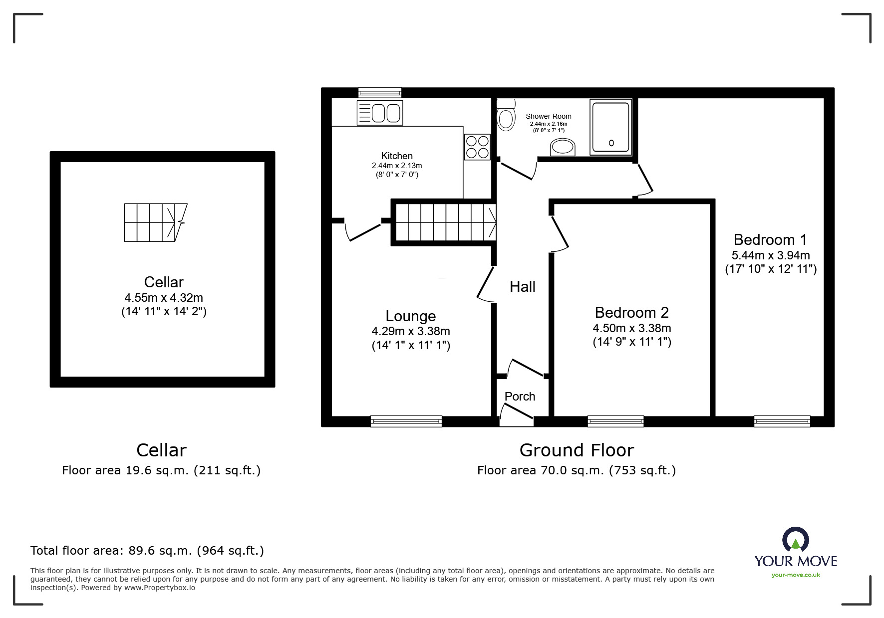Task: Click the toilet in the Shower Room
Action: pyautogui.click(x=506, y=115)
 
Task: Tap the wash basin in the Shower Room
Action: pyautogui.click(x=563, y=147)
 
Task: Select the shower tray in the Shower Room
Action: pyautogui.click(x=611, y=127)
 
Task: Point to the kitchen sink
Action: pyautogui.click(x=380, y=112)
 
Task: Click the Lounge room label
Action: pyautogui.click(x=411, y=316)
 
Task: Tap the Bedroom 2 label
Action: pyautogui.click(x=632, y=312)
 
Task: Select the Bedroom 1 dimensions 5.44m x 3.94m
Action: pyautogui.click(x=771, y=255)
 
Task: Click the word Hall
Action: pyautogui.click(x=523, y=286)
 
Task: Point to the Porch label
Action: pyautogui.click(x=520, y=397)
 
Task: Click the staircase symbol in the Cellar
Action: pyautogui.click(x=156, y=222)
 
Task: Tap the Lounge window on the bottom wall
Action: pyautogui.click(x=406, y=421)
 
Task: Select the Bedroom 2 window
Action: pyautogui.click(x=616, y=421)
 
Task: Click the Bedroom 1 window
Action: pyautogui.click(x=782, y=421)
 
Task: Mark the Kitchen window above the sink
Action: pyautogui.click(x=380, y=93)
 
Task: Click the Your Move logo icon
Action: pyautogui.click(x=796, y=540)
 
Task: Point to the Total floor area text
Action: pyautogui.click(x=147, y=551)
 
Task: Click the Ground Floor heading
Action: pyautogui.click(x=577, y=450)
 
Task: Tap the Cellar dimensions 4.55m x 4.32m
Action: pyautogui.click(x=164, y=298)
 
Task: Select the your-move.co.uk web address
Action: pyautogui.click(x=796, y=575)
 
